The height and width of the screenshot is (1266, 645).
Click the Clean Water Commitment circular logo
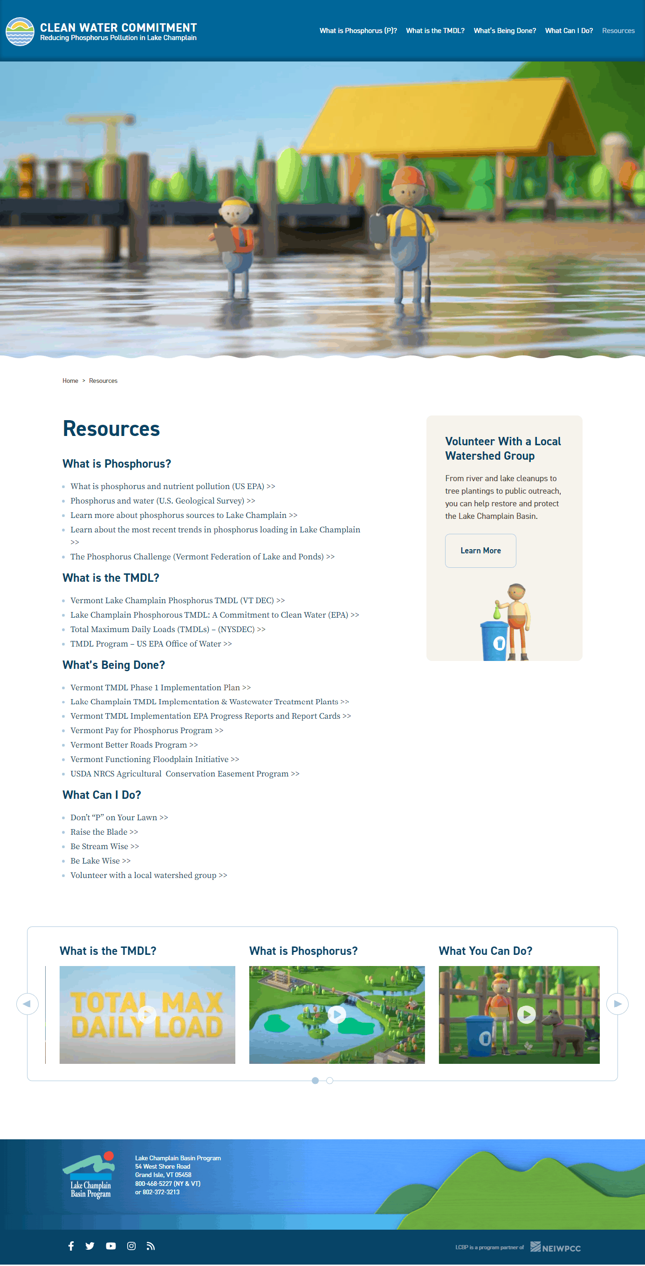tap(20, 32)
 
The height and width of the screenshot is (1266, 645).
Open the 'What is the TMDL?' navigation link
tap(435, 30)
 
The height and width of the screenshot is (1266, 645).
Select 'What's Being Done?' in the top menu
tap(504, 30)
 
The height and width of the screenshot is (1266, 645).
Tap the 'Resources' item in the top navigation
tap(618, 30)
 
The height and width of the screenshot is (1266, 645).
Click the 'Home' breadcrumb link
tap(70, 381)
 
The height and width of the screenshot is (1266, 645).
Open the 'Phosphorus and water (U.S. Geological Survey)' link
tap(162, 501)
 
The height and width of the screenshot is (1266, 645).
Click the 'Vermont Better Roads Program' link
tap(134, 745)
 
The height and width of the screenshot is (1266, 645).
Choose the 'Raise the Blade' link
tap(104, 832)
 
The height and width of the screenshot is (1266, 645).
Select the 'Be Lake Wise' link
tap(100, 861)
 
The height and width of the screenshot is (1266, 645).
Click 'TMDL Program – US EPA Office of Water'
tap(151, 644)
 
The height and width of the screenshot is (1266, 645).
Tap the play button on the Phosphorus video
tap(337, 1014)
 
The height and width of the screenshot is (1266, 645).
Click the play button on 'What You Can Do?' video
tap(526, 1014)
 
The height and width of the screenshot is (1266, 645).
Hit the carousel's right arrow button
tap(617, 1004)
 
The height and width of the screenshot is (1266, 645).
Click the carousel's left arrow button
tap(27, 1004)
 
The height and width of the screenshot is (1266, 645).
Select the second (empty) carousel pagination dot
tap(330, 1080)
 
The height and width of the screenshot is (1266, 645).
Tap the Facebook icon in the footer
tap(71, 1246)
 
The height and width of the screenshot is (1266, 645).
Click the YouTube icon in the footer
tap(111, 1246)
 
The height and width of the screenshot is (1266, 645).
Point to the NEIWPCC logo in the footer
tap(556, 1247)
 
